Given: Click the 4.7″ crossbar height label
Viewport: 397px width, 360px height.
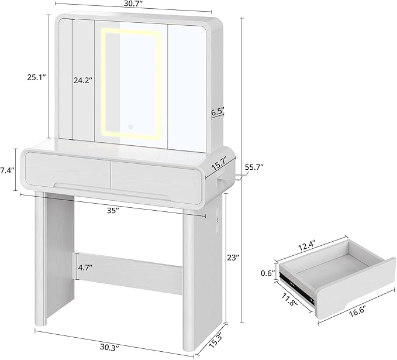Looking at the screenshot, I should click(85, 268).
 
